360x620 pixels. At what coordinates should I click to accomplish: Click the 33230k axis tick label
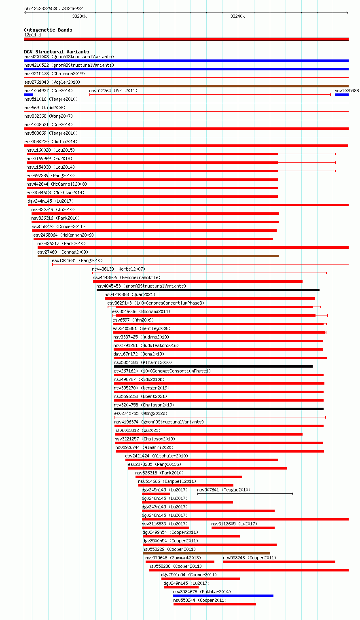pos(79,16)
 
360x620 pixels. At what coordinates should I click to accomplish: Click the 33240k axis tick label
pos(237,16)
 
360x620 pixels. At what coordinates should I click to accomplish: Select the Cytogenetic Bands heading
pos(48,30)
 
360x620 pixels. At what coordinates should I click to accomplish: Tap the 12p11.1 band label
pos(33,35)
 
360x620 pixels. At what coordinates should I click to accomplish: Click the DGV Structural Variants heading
pos(57,52)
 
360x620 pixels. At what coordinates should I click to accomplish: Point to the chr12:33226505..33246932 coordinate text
pos(53,8)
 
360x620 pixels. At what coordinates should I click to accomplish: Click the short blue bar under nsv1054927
pos(28,95)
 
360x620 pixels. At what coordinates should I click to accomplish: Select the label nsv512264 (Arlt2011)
pos(113,91)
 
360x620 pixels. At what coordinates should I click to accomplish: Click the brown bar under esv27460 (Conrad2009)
pos(158,256)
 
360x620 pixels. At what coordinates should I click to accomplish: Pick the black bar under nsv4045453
pos(208,290)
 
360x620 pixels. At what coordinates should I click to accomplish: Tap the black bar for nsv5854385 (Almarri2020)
pos(213,366)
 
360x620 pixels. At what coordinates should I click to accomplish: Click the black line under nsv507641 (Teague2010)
pos(246,493)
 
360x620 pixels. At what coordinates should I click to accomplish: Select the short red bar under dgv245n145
pos(156,494)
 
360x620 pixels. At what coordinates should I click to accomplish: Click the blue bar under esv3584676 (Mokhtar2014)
pos(223,596)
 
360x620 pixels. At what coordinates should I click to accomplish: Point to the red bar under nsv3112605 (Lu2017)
pos(243,528)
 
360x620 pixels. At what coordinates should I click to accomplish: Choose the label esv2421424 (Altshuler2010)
pos(157,456)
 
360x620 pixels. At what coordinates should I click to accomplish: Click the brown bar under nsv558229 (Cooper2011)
pos(206,553)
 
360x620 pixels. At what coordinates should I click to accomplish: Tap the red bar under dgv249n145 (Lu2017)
pos(181,587)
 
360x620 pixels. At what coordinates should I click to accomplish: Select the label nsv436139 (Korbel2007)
pos(119,269)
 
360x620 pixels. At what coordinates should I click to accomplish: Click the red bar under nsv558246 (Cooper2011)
pos(279,562)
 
